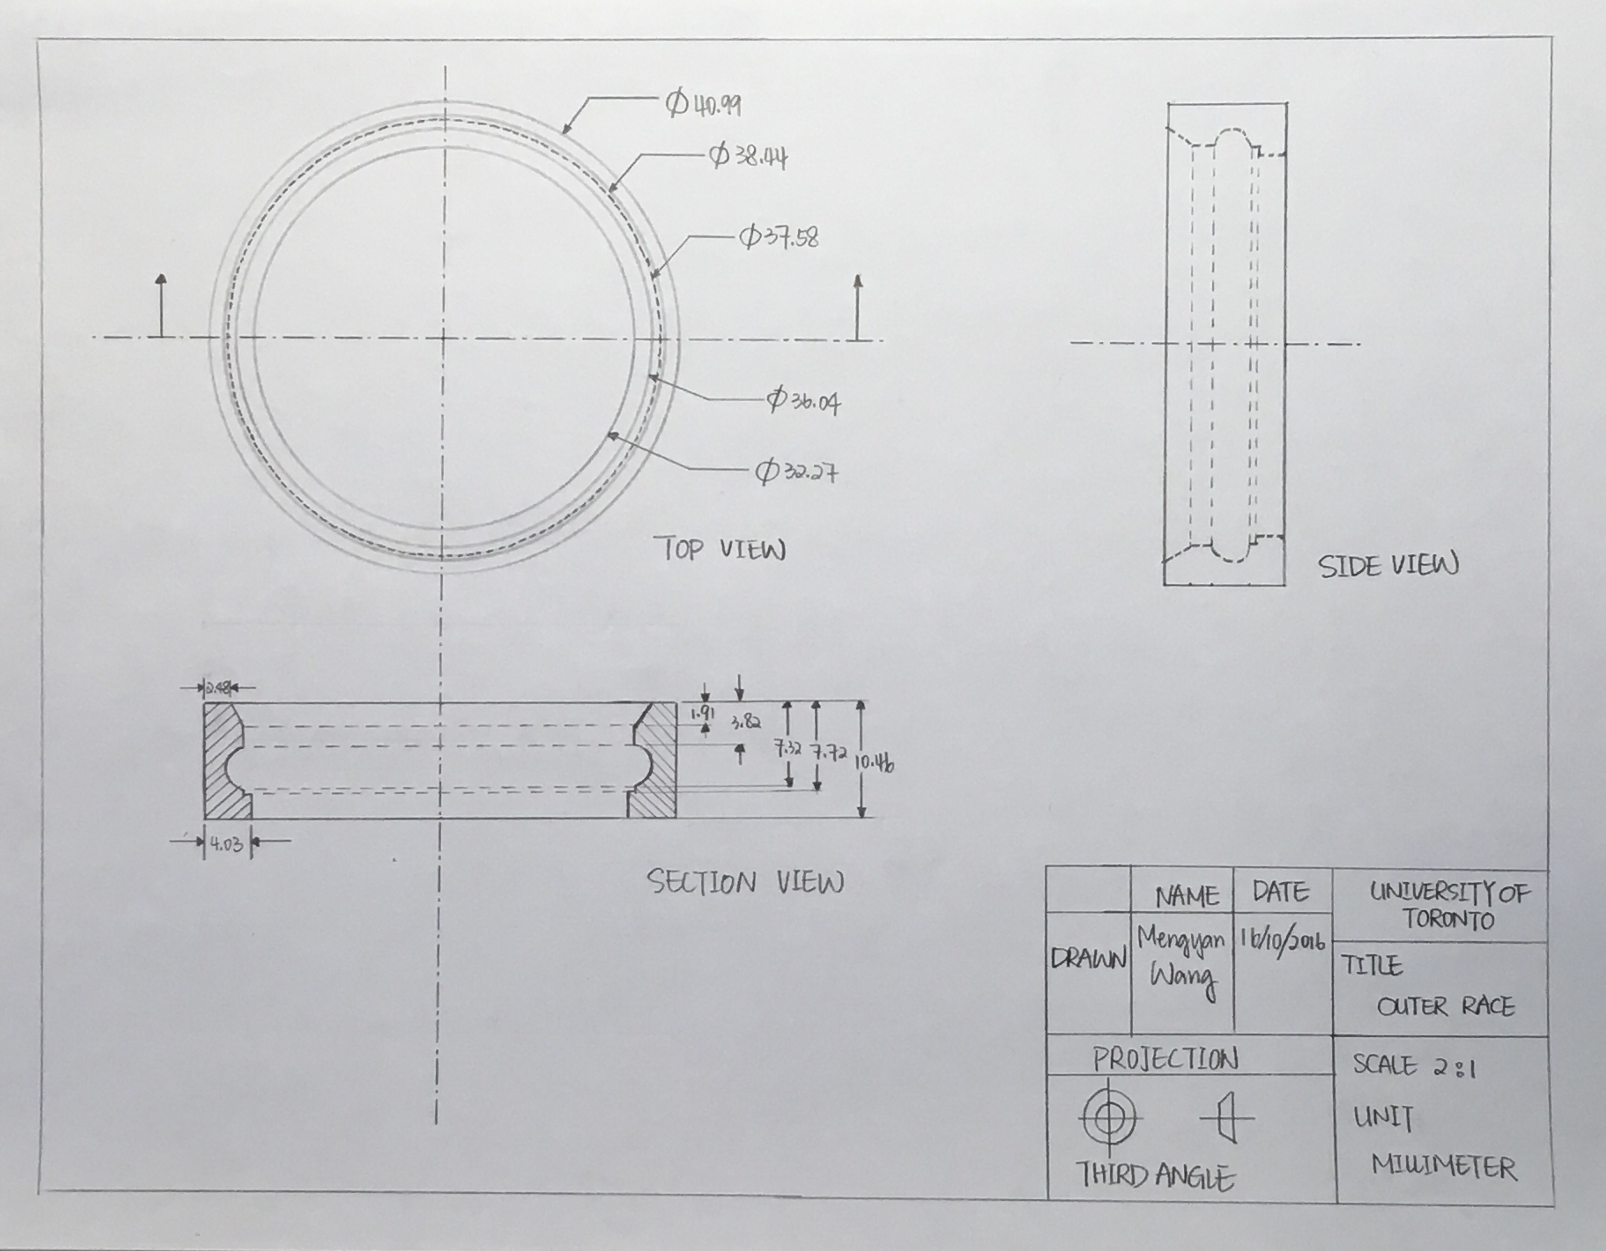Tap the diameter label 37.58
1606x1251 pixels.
779,237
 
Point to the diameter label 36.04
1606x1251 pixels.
804,401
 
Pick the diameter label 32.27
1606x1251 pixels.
797,472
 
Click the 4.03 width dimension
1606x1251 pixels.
226,844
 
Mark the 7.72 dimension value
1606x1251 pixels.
829,753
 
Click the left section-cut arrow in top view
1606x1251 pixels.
161,306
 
